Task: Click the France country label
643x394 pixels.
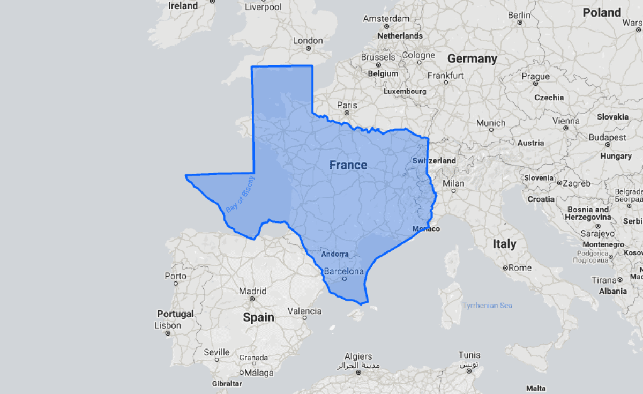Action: [x=348, y=165]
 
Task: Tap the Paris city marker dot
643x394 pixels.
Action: [x=347, y=113]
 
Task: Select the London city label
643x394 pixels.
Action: [x=308, y=41]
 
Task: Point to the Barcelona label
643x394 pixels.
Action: [x=343, y=271]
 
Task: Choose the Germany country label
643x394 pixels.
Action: [x=472, y=58]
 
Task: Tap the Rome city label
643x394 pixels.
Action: [x=520, y=267]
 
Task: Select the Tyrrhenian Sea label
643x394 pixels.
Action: [x=487, y=306]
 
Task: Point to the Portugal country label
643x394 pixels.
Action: [x=175, y=314]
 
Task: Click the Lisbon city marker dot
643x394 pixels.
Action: [x=167, y=333]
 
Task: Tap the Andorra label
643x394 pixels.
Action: [x=335, y=254]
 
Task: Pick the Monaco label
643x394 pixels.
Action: [x=426, y=229]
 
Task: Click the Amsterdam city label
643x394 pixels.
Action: [x=386, y=19]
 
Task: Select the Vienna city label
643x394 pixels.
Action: [x=566, y=121]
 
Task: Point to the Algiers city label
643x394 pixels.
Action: [x=358, y=356]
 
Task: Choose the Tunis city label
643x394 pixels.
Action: [x=469, y=355]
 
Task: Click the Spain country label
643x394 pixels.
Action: [x=259, y=317]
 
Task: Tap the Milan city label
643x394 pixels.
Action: [x=453, y=183]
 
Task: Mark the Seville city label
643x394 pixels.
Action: [x=216, y=352]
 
